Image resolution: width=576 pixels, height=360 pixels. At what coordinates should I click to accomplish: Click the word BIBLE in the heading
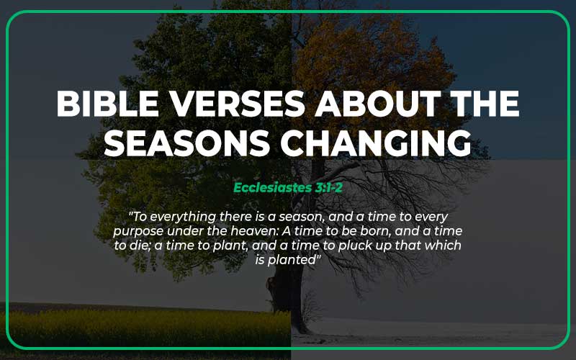[93, 106]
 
